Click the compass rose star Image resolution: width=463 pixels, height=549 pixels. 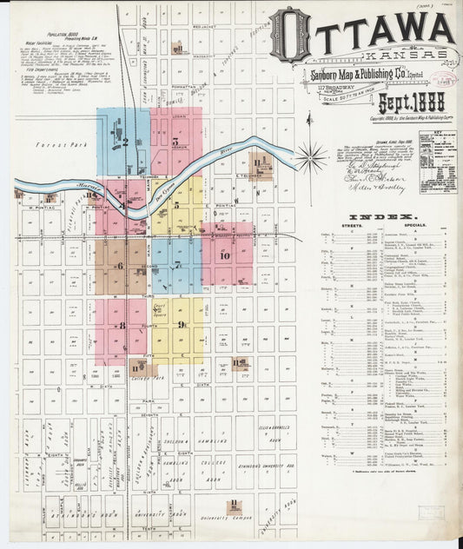coord(312,157)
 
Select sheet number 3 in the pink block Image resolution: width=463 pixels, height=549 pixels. coord(175,141)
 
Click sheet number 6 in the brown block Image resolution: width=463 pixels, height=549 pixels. coord(120,266)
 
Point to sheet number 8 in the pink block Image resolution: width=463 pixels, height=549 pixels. coord(122,325)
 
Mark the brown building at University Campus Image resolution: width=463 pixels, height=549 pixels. coord(233,506)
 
